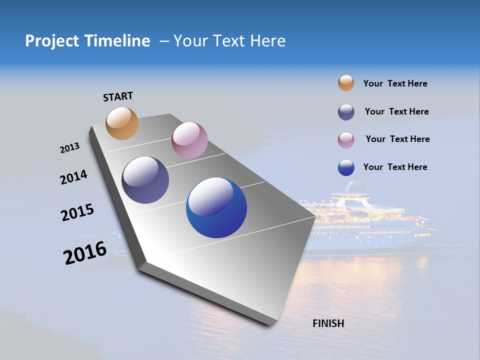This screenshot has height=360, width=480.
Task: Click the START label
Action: (118, 96)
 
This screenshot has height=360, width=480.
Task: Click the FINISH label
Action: (328, 323)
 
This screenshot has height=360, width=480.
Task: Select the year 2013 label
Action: (69, 148)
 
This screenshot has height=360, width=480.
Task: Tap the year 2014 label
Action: (73, 177)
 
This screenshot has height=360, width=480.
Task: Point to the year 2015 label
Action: (77, 212)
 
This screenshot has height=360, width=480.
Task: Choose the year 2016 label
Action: (84, 253)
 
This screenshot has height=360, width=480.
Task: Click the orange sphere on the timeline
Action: (122, 123)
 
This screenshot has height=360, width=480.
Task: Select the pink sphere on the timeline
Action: (189, 140)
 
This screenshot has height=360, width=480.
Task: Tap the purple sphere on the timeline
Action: (145, 180)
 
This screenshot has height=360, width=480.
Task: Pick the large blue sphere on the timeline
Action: (216, 208)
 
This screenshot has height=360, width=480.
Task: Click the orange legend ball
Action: (346, 83)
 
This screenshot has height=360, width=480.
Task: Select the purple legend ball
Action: (346, 112)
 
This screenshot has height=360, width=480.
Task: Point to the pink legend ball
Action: (346, 140)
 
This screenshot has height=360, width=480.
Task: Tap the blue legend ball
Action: (346, 167)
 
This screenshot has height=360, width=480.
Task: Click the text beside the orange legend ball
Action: (395, 83)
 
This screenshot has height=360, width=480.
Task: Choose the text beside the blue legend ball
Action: (395, 167)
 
